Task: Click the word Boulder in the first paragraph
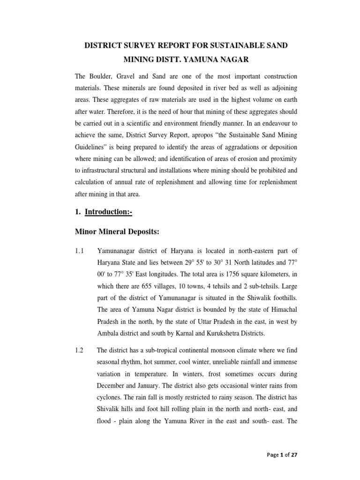tap(106, 76)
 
